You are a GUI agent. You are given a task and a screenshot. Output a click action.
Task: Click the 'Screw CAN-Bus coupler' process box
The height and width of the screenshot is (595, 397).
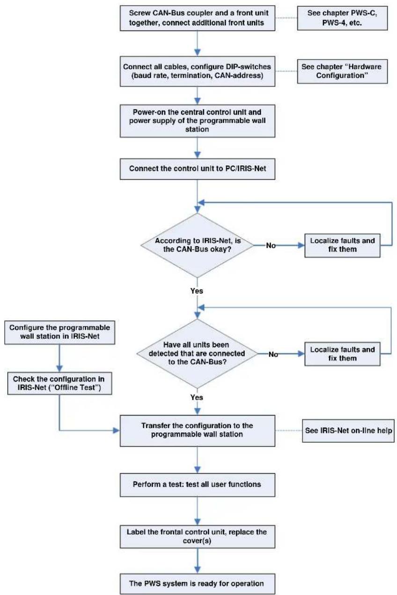197,18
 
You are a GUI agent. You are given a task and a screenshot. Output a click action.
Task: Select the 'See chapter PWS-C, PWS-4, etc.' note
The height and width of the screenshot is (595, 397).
342,18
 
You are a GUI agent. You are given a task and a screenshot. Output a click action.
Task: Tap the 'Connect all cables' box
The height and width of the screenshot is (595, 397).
197,71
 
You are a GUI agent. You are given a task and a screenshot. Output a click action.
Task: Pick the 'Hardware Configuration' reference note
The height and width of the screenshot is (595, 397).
342,71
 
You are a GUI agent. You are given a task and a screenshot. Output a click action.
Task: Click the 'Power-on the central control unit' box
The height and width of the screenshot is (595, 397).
197,121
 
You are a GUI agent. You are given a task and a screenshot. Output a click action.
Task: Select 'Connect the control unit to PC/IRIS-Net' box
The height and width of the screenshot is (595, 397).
197,169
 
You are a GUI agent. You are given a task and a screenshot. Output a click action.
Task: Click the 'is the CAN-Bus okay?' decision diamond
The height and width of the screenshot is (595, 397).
197,245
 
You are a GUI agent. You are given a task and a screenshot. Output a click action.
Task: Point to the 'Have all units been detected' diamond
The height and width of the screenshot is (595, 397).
197,354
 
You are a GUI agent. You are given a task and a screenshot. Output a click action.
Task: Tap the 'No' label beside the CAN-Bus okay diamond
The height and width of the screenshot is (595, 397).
271,245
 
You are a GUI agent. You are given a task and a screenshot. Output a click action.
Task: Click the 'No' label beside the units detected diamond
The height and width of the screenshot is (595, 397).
273,354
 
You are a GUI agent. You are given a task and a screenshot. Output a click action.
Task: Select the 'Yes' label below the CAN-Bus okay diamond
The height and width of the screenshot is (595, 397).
197,291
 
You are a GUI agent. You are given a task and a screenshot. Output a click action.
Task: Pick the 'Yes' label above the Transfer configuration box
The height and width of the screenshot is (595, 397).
197,397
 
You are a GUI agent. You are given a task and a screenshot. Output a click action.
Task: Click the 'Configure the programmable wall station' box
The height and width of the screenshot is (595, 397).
60,332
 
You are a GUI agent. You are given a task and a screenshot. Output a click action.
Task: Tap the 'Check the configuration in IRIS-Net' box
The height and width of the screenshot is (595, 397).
60,383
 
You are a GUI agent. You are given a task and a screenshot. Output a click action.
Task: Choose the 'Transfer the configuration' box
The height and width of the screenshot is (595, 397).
197,431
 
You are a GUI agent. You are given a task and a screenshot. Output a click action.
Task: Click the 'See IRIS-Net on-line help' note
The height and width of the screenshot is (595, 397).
348,431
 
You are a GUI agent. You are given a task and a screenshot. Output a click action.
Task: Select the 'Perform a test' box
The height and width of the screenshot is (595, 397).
197,484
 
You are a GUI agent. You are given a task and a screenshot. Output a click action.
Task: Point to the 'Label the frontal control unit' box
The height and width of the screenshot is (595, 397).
197,536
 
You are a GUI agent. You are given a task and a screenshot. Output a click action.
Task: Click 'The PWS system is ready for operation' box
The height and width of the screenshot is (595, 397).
197,584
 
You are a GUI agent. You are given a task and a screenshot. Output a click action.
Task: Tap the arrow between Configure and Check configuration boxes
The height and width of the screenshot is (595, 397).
59,358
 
